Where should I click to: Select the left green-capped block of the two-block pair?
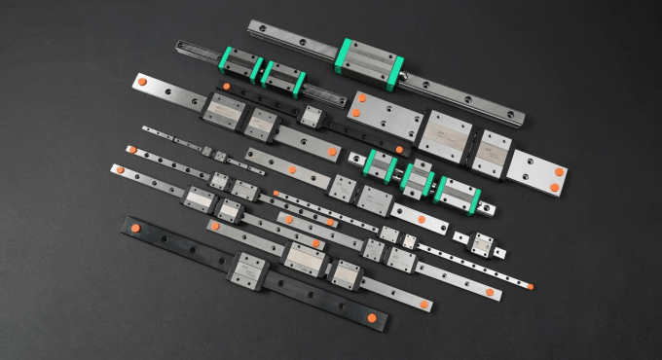[242, 66]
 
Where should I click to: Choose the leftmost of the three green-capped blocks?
[380, 164]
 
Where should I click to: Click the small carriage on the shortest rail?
[481, 242]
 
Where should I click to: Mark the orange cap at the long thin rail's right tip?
[531, 285]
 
